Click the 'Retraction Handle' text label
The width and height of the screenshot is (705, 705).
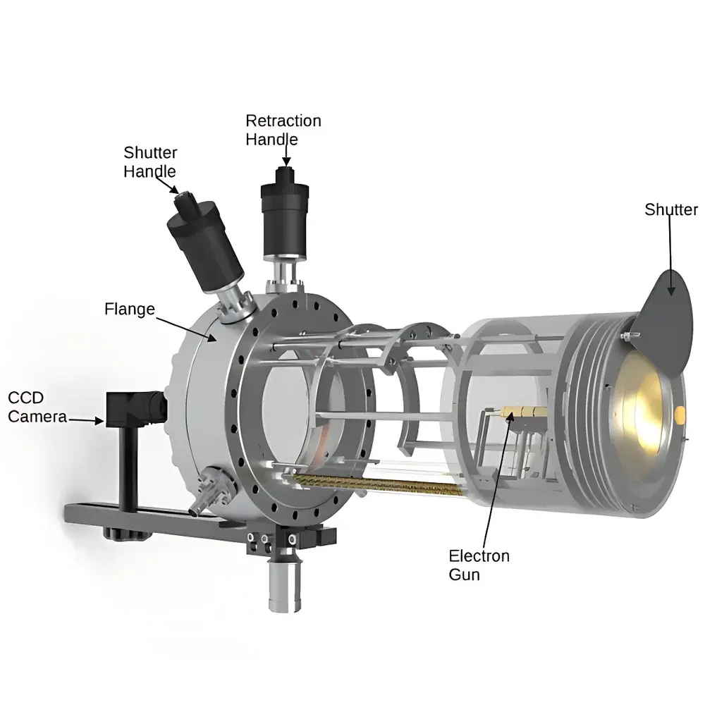(283, 130)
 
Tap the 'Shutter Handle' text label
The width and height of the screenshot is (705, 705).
(149, 161)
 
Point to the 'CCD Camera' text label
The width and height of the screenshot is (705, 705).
(37, 407)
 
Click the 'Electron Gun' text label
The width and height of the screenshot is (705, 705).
(479, 565)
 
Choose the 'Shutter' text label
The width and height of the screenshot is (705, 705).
(670, 209)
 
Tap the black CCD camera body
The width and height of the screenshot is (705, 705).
(130, 409)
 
